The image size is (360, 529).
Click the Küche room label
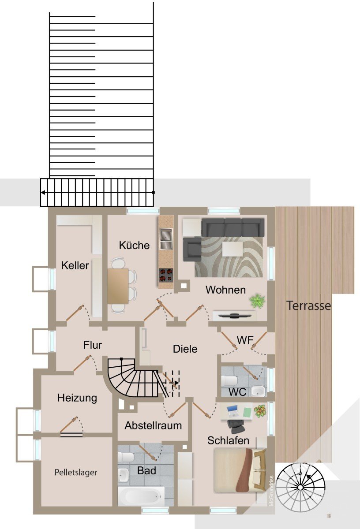pos(134,245)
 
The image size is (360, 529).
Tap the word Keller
pos(75,265)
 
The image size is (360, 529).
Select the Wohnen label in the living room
pos(225,290)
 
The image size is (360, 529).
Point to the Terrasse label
pos(308,305)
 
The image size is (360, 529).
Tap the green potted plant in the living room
pos(257,301)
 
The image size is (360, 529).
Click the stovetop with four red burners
pos(166,276)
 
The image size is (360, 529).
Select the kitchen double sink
pos(166,238)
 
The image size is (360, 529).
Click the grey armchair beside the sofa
pos(192,249)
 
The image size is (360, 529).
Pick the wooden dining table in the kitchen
pos(118,286)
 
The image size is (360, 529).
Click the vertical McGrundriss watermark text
pos(271,490)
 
